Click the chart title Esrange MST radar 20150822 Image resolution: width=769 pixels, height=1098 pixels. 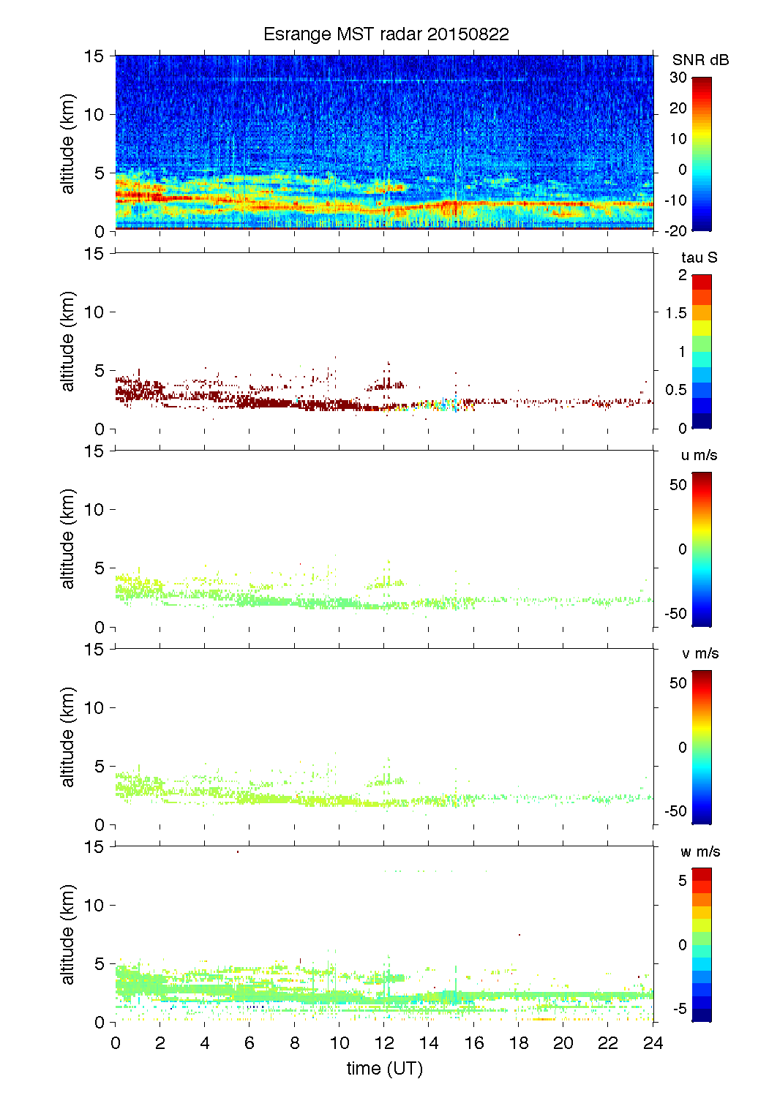click(x=386, y=34)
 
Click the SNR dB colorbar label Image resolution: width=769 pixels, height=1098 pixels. click(x=700, y=60)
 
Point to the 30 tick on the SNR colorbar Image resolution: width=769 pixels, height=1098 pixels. click(x=678, y=78)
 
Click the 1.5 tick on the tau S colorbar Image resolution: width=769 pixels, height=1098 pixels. click(x=676, y=313)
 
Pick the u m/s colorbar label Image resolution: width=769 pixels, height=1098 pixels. click(x=699, y=455)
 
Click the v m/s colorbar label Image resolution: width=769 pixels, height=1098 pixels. click(x=699, y=653)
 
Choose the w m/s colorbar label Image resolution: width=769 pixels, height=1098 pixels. click(x=700, y=851)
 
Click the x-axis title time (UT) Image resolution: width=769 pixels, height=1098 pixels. click(x=385, y=1069)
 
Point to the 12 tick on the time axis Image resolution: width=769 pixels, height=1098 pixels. click(x=384, y=1043)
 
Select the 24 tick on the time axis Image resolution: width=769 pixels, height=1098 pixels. click(x=653, y=1043)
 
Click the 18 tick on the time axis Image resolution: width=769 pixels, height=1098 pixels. click(x=519, y=1043)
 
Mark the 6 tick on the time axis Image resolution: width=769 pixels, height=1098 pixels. click(x=250, y=1043)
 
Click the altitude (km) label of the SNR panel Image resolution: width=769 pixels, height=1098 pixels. click(x=68, y=143)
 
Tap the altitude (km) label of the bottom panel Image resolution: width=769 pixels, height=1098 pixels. click(x=68, y=934)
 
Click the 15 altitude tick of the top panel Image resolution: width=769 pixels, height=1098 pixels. click(x=95, y=56)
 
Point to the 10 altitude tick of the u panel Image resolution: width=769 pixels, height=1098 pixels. click(x=95, y=510)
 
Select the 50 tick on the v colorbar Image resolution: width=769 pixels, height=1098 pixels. click(x=678, y=683)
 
